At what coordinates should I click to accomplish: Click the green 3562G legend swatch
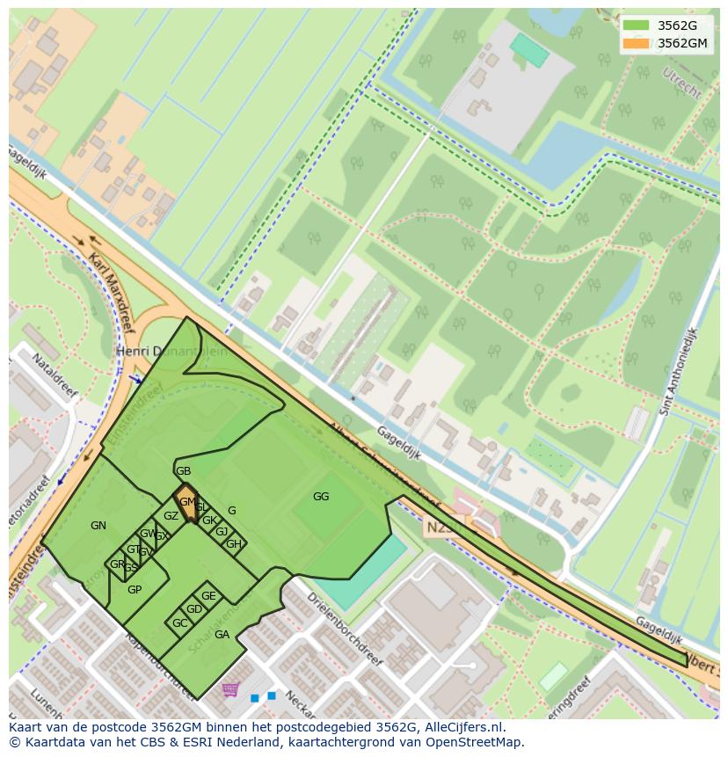click(x=636, y=25)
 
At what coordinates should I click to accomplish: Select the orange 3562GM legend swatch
click(x=636, y=43)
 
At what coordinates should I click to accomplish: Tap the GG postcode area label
click(x=321, y=497)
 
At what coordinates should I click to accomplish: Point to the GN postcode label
click(x=98, y=526)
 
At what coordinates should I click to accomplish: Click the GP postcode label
click(x=135, y=590)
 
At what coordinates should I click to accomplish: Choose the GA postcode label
click(x=222, y=635)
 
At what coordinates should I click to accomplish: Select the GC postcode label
click(x=179, y=623)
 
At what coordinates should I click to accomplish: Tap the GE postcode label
click(x=208, y=596)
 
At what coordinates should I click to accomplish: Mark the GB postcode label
click(x=183, y=471)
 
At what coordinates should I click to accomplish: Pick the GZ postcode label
click(x=171, y=516)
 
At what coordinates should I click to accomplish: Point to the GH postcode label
click(x=233, y=544)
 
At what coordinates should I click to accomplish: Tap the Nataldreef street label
click(x=55, y=375)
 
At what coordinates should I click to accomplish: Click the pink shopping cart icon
click(x=230, y=689)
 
